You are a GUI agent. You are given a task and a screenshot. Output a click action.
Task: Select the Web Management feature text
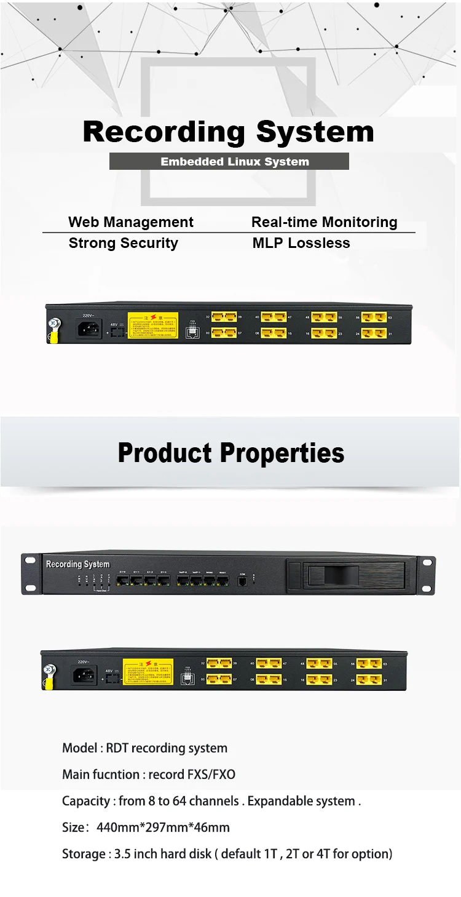tap(131, 222)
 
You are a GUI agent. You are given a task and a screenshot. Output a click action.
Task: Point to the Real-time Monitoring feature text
tap(324, 222)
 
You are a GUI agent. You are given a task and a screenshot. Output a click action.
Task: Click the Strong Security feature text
tap(123, 243)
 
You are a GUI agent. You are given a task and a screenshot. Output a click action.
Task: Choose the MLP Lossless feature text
tap(301, 243)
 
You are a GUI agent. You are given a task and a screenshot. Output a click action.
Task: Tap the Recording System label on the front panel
tap(77, 564)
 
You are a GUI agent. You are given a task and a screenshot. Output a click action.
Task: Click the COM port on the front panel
tap(242, 581)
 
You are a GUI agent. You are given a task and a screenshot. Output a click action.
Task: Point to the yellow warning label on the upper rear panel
tap(152, 325)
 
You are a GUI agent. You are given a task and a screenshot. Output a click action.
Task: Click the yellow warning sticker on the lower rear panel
tap(148, 671)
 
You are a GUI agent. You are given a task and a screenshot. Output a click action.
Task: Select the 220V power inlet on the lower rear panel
tap(85, 674)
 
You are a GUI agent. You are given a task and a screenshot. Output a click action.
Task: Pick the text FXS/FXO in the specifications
tap(211, 774)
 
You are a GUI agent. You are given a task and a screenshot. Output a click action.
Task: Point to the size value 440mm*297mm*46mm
tap(163, 827)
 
